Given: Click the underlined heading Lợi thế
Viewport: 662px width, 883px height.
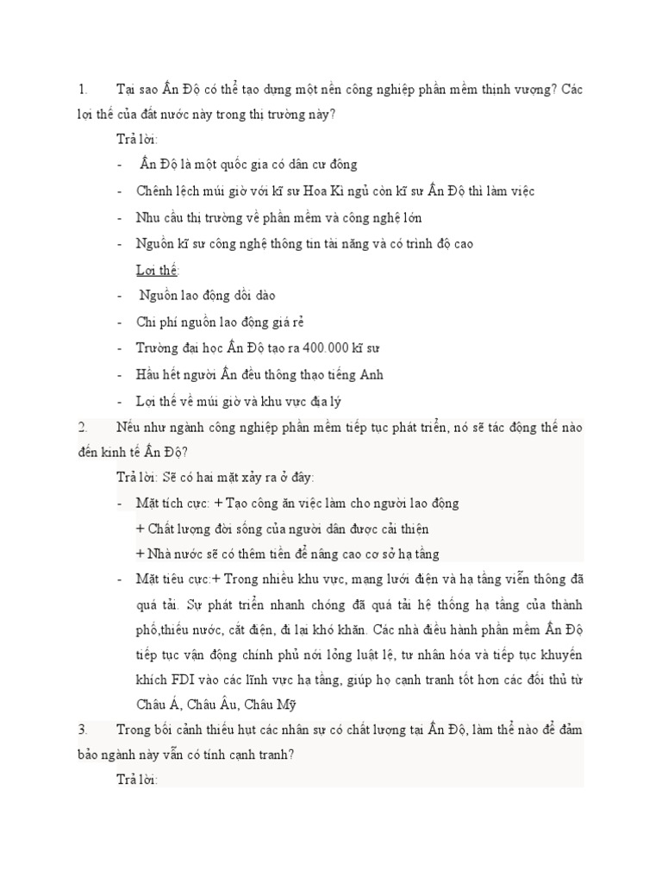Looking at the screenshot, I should point(156,270).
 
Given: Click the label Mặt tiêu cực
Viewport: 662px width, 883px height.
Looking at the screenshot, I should point(166,579).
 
